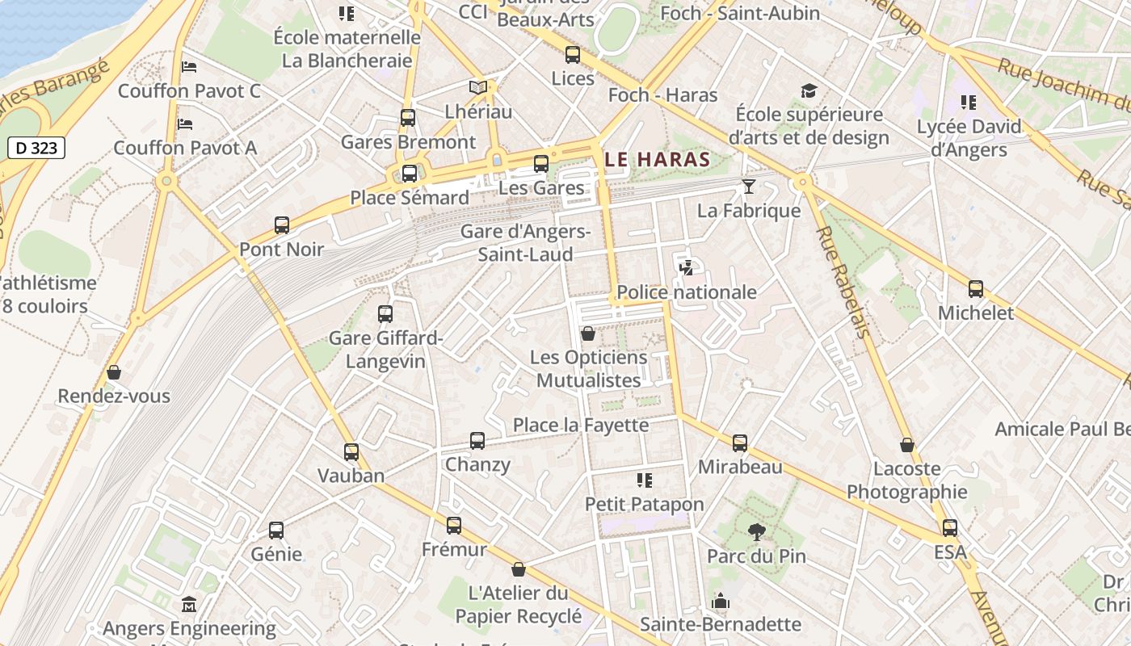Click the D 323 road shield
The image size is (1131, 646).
36,148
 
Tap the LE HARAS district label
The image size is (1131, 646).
657,160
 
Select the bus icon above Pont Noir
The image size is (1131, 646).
282,225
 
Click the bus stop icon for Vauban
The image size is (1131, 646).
351,452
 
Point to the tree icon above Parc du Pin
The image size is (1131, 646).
756,531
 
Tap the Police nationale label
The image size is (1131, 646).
687,292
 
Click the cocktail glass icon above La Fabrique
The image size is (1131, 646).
749,187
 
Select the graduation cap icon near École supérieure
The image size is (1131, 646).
809,90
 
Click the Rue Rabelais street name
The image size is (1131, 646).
844,282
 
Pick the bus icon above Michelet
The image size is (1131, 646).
976,289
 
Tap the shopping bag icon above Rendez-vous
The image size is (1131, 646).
114,372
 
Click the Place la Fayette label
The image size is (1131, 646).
581,425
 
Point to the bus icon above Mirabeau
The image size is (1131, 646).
740,443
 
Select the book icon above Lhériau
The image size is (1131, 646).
478,87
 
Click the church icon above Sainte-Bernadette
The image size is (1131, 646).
720,601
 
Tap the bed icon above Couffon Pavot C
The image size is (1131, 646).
189,67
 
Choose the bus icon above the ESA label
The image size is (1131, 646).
950,528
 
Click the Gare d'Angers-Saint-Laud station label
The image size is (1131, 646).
525,243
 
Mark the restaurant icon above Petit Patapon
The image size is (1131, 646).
644,480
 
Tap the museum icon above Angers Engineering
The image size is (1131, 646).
189,604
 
